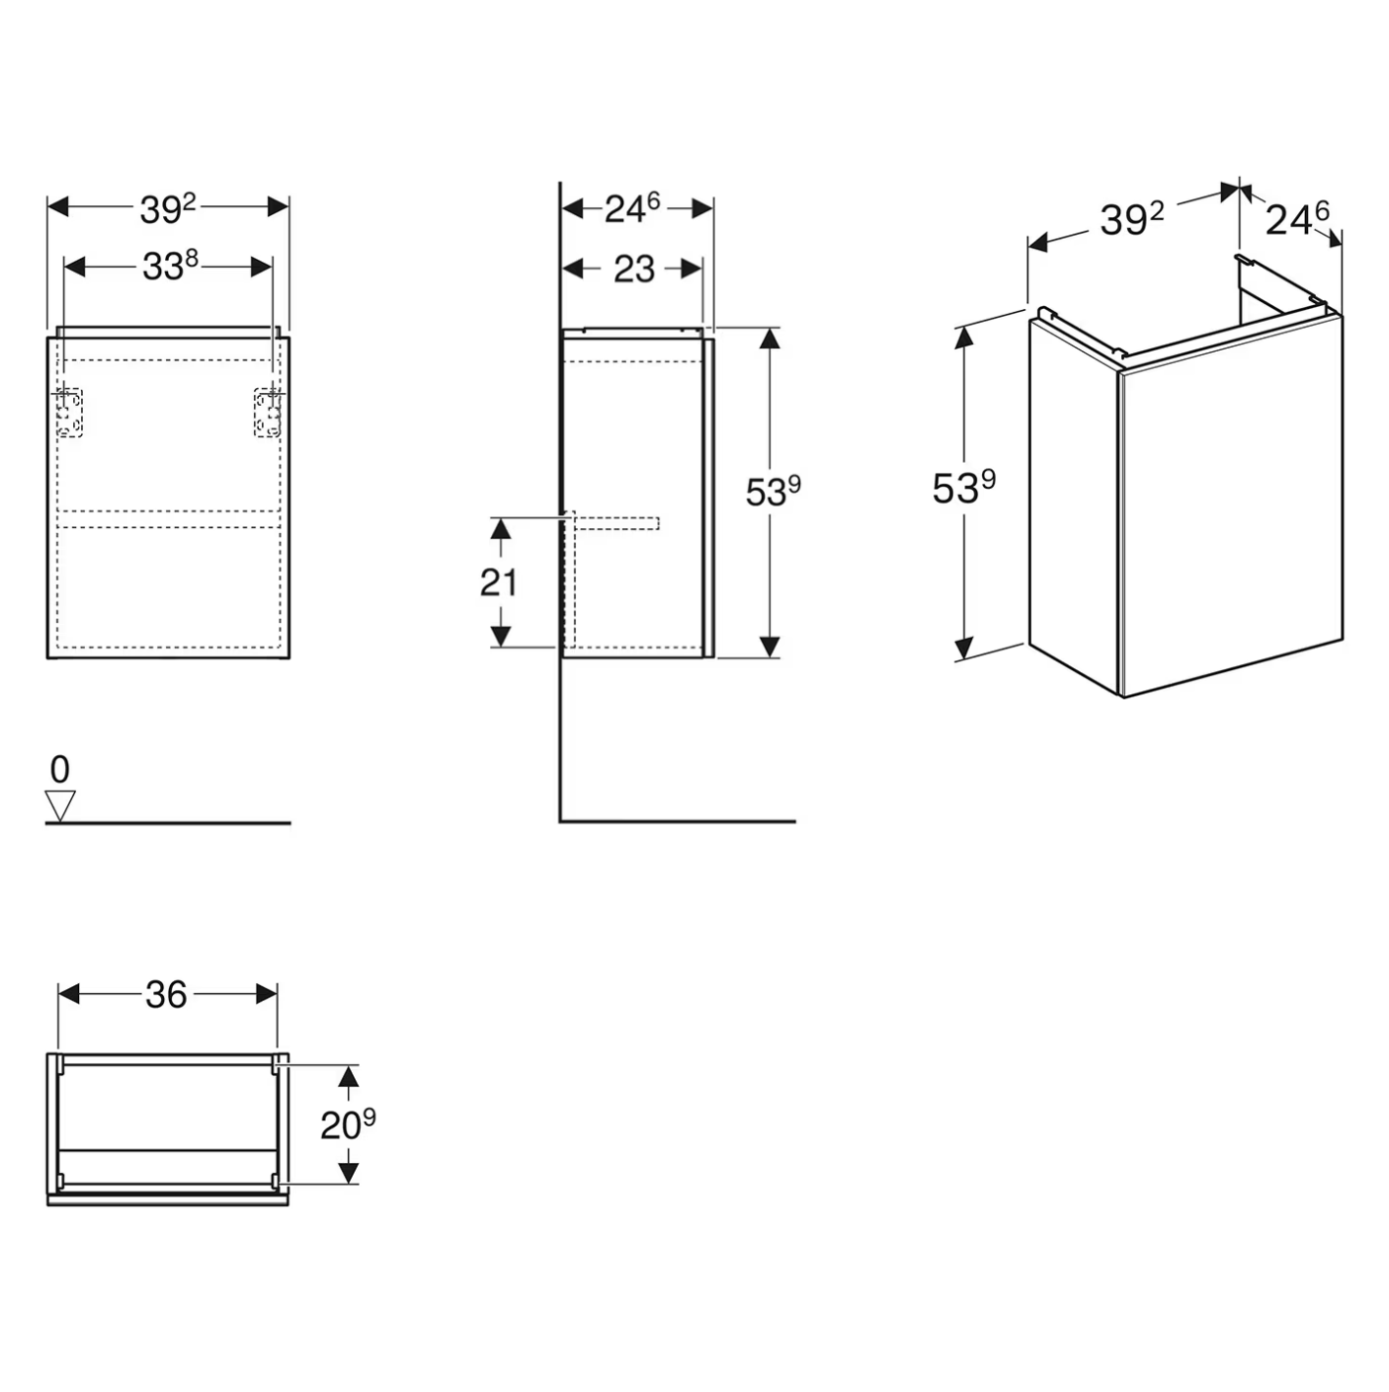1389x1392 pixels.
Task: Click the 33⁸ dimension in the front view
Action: [170, 266]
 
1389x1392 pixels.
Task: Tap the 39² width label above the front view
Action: [168, 208]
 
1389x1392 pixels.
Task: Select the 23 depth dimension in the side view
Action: [633, 270]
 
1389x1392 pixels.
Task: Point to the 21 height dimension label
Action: [498, 582]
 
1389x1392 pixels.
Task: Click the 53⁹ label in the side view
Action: [773, 492]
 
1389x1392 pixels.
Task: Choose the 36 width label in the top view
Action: [166, 995]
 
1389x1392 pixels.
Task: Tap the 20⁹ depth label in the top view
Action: [348, 1124]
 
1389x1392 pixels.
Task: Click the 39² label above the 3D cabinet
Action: [1132, 219]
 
